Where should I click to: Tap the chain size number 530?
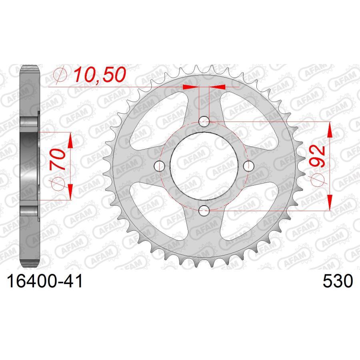click(338, 282)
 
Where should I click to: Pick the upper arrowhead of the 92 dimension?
click(329, 128)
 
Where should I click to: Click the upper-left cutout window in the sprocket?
click(154, 120)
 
